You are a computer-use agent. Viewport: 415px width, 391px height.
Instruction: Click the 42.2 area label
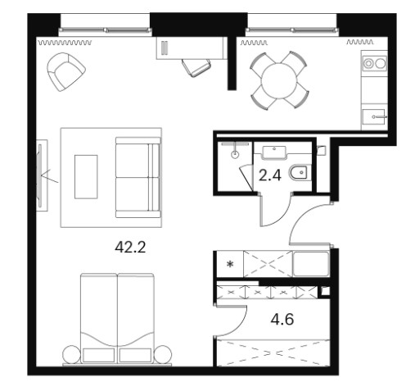click(130, 248)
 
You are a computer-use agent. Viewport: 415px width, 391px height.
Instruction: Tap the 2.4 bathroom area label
click(269, 175)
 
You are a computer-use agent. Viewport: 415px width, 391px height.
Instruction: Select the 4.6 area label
click(282, 319)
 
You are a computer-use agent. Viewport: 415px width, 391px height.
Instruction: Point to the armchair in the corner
click(66, 71)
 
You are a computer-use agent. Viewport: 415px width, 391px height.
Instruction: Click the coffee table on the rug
click(86, 177)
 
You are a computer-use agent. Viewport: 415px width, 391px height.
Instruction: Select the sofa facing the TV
click(138, 178)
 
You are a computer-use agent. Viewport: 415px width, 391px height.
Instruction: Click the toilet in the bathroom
click(300, 172)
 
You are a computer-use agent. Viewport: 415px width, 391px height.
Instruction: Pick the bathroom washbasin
click(273, 152)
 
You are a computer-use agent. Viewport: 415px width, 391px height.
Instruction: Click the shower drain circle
click(235, 154)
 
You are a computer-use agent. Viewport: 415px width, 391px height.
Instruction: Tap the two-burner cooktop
click(374, 64)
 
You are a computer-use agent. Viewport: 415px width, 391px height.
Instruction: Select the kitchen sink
click(373, 117)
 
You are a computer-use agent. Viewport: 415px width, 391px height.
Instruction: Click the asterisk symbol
click(231, 264)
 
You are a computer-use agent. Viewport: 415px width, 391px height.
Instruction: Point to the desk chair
click(196, 67)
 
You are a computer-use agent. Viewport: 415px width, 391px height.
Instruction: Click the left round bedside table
click(72, 354)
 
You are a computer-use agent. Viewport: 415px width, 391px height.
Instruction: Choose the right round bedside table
click(163, 354)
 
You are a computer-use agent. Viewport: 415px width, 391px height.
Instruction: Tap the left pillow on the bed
click(98, 355)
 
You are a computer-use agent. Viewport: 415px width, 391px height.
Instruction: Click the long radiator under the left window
click(65, 43)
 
